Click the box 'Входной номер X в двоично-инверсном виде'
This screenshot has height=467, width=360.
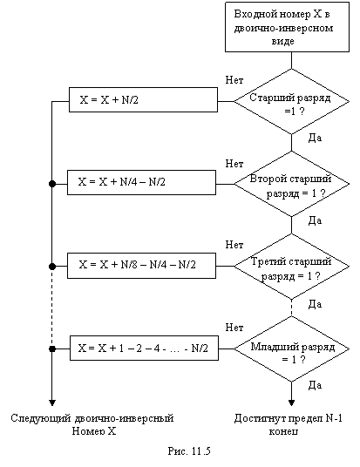pos(287,27)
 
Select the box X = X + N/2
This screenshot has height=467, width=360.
pos(143,100)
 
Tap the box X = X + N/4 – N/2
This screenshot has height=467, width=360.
pos(141,183)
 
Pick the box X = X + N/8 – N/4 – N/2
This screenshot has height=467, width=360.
pos(141,266)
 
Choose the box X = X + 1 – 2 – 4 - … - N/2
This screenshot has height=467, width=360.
pos(144,349)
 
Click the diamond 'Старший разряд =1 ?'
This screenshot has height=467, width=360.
pos(291,102)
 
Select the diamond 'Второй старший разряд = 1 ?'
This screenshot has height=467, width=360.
pos(291,184)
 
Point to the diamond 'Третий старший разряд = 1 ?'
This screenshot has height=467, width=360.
pos(291,267)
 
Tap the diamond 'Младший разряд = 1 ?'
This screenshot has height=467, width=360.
pos(291,349)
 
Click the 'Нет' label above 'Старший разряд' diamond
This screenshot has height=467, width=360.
pos(234,80)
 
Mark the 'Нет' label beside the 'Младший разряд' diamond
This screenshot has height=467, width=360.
pos(234,328)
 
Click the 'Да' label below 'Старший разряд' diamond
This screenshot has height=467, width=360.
pos(315,138)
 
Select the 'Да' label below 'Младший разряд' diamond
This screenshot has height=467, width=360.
pos(315,385)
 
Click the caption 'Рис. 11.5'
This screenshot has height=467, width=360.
pos(189,451)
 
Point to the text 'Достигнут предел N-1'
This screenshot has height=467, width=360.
pos(289,418)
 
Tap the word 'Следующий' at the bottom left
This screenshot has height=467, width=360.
pos(41,419)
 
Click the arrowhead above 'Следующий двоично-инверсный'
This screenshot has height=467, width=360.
pos(52,403)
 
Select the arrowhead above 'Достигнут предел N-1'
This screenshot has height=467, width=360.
pos(291,403)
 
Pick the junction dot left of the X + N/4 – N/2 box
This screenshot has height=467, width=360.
pos(52,184)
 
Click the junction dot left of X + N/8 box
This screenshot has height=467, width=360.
pos(52,267)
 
